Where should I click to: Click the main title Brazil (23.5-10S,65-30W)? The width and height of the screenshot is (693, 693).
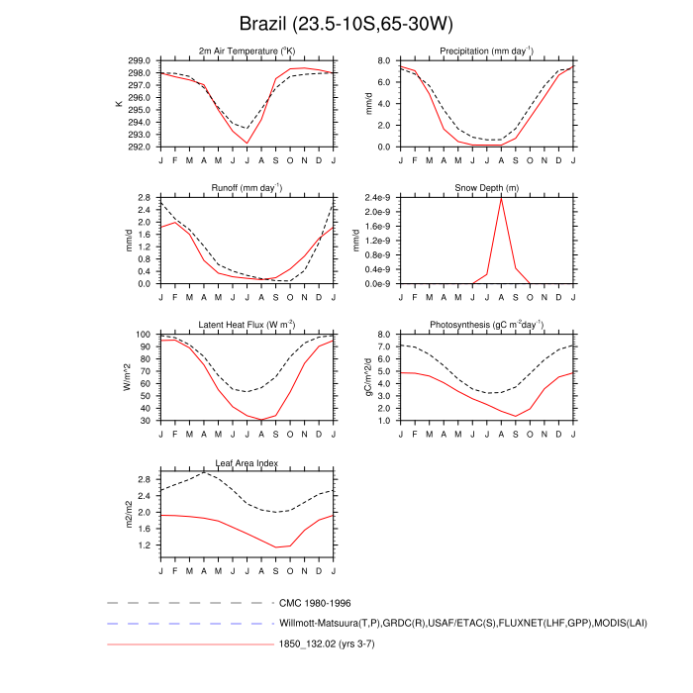pos(346,23)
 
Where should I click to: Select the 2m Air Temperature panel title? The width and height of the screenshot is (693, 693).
pos(247,50)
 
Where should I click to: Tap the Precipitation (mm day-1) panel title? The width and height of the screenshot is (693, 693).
pos(480,50)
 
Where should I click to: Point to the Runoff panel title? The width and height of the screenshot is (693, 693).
pos(247,187)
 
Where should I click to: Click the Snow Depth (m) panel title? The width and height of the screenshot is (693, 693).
pos(480,187)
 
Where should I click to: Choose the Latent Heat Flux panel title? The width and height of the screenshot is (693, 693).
pos(247,325)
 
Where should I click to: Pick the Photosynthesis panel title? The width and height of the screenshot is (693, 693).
pos(480,325)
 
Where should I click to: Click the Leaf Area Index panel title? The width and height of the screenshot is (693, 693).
pos(247,462)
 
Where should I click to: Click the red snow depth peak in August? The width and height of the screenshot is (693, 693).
pos(502,197)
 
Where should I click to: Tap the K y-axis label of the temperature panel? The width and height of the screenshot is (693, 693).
pos(120,103)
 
